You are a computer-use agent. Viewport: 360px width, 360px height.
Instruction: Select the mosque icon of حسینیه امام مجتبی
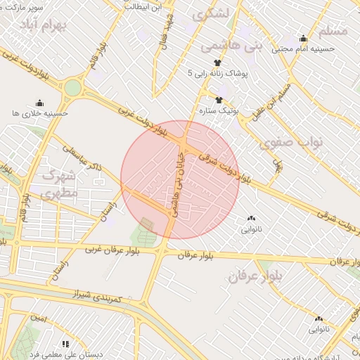pyautogui.click(x=303, y=39)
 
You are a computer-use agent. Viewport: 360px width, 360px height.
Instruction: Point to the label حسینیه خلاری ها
pyautogui.click(x=40, y=112)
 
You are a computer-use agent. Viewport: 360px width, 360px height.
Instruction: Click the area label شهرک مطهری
pyautogui.click(x=59, y=184)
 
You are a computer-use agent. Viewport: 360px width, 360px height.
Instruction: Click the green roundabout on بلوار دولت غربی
pyautogui.click(x=72, y=89)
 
